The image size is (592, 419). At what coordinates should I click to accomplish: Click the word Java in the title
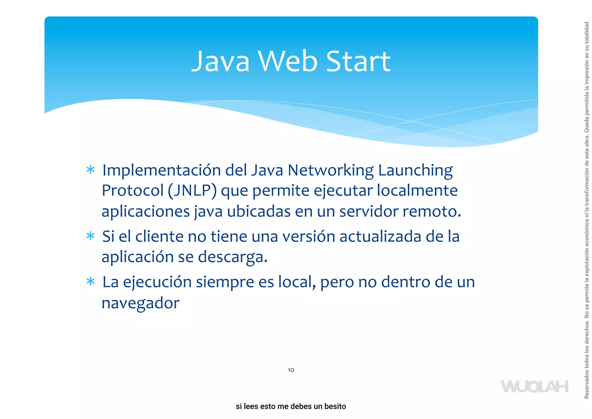[x=220, y=61]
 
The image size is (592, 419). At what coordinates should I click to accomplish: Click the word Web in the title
[x=288, y=61]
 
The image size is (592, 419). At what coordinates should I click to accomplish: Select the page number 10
[x=291, y=370]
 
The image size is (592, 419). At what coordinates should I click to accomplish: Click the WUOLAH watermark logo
[x=534, y=387]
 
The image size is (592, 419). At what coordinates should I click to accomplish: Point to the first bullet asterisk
[x=90, y=170]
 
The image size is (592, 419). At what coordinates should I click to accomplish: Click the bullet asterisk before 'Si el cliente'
[x=90, y=236]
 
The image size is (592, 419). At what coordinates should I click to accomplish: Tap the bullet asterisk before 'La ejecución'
[x=90, y=282]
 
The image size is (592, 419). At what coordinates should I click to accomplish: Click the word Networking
[x=330, y=171]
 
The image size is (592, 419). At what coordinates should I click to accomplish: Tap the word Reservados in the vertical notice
[x=587, y=387]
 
